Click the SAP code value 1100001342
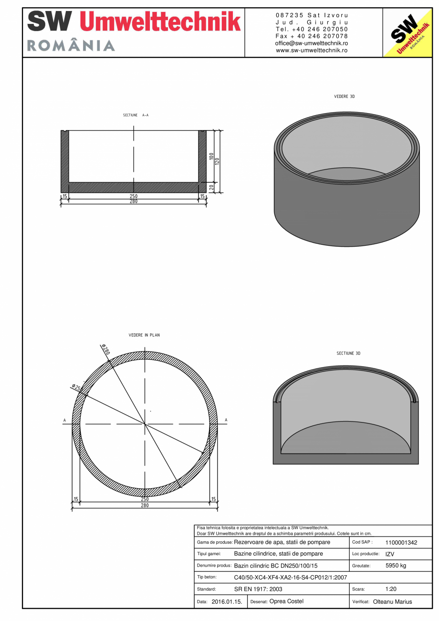point(401,543)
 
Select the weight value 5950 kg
point(396,566)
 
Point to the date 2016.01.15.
point(227,602)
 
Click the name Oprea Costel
point(286,601)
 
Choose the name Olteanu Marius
point(392,602)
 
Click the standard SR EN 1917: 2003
point(258,589)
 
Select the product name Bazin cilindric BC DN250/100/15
point(275,566)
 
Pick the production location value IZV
point(389,554)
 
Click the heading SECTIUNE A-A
point(136,116)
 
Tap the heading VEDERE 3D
point(345,96)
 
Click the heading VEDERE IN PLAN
point(144,335)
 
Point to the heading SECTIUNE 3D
point(348,353)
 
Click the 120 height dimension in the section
point(217,161)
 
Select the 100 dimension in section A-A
point(211,156)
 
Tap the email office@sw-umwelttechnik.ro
point(311,43)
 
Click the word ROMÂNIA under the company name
point(71,46)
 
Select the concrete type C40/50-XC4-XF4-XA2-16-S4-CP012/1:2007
point(290,578)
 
